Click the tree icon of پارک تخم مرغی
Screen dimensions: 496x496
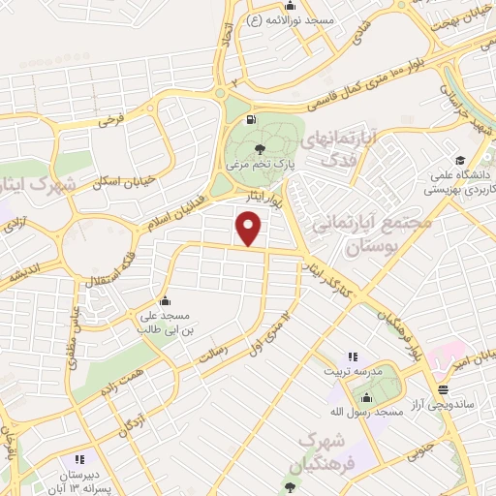[258, 148]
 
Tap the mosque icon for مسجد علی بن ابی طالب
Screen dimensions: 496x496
[167, 300]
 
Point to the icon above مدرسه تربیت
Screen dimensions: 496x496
[353, 356]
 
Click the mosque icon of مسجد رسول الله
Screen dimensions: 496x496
[366, 397]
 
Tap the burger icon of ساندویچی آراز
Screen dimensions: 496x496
[443, 389]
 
